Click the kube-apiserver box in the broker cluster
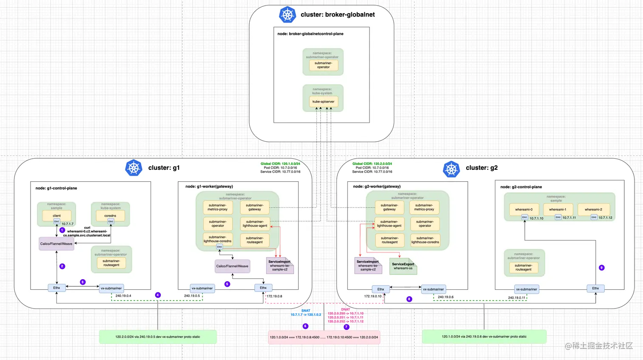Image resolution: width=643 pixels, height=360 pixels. coord(323,102)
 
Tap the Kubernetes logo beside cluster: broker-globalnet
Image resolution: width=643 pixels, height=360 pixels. coord(287,15)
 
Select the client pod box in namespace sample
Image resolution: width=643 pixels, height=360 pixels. coord(57,216)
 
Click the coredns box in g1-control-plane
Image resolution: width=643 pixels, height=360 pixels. coord(110,216)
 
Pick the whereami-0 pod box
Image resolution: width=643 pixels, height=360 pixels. coord(524,209)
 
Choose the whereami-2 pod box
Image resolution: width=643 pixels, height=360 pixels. coord(593,209)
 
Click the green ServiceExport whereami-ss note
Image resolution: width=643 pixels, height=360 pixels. coord(403,266)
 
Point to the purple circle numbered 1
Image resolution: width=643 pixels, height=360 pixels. coord(62,230)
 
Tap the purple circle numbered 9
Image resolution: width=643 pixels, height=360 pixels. coord(601,268)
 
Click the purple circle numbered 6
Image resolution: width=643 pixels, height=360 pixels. coord(305,326)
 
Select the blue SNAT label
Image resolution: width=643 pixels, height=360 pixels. coord(306,311)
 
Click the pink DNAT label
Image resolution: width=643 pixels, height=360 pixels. coord(345,309)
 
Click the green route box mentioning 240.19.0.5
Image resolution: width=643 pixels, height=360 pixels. coord(158,337)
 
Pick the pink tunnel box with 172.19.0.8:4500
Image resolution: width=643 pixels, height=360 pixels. coord(324,337)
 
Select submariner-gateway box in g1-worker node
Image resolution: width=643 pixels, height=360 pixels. coord(254,207)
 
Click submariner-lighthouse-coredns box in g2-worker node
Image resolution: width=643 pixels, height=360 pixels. coord(425,240)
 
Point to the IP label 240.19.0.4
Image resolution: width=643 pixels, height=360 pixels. coord(123,296)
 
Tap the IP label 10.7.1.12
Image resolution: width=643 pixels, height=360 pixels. coord(605,218)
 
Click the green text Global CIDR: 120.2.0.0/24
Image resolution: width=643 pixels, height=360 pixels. coord(372,164)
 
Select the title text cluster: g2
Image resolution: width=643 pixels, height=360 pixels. coord(481,168)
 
